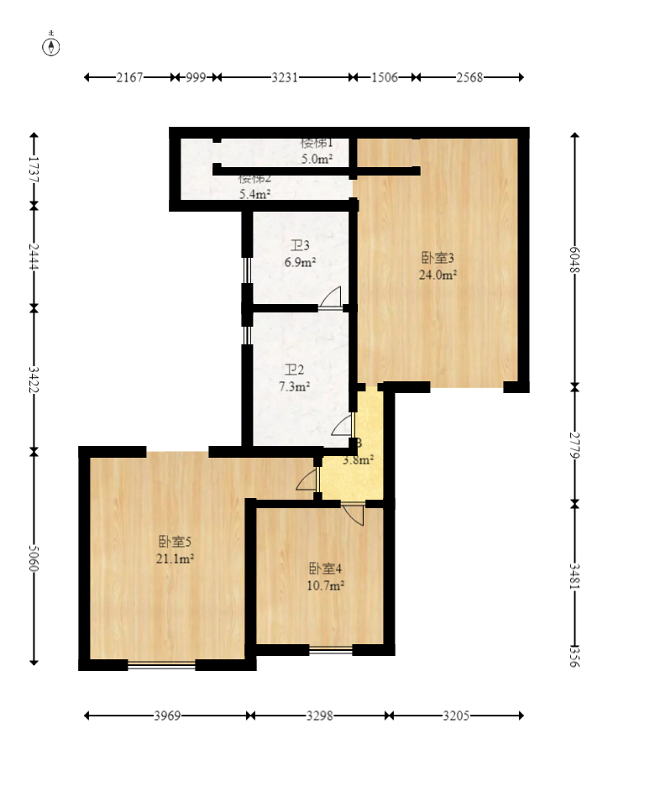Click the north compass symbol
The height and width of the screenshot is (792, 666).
[x=51, y=46]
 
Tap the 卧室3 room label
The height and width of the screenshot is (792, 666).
[x=438, y=258]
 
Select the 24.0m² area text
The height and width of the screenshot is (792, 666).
[x=438, y=274]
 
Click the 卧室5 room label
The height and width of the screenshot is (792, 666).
[x=176, y=542]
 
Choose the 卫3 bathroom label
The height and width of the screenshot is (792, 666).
[x=300, y=246]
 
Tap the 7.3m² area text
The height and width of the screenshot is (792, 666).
[x=294, y=386]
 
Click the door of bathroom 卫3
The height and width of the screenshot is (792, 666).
[x=331, y=299]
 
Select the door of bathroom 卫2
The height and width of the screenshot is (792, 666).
[x=344, y=425]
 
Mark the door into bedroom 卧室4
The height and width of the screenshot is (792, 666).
[x=353, y=512]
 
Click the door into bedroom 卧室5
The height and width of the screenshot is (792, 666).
[x=308, y=480]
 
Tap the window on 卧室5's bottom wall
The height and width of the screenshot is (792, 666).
[x=161, y=664]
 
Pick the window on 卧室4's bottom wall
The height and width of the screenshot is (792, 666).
[x=330, y=649]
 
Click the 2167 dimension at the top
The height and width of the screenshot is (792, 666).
[x=129, y=77]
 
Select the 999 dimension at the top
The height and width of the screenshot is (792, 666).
[x=196, y=77]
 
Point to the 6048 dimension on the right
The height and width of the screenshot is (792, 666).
[x=574, y=260]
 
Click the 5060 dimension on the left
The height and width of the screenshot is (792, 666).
[x=34, y=559]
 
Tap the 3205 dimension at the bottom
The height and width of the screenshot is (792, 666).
[x=456, y=716]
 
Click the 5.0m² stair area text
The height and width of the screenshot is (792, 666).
[x=317, y=158]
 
